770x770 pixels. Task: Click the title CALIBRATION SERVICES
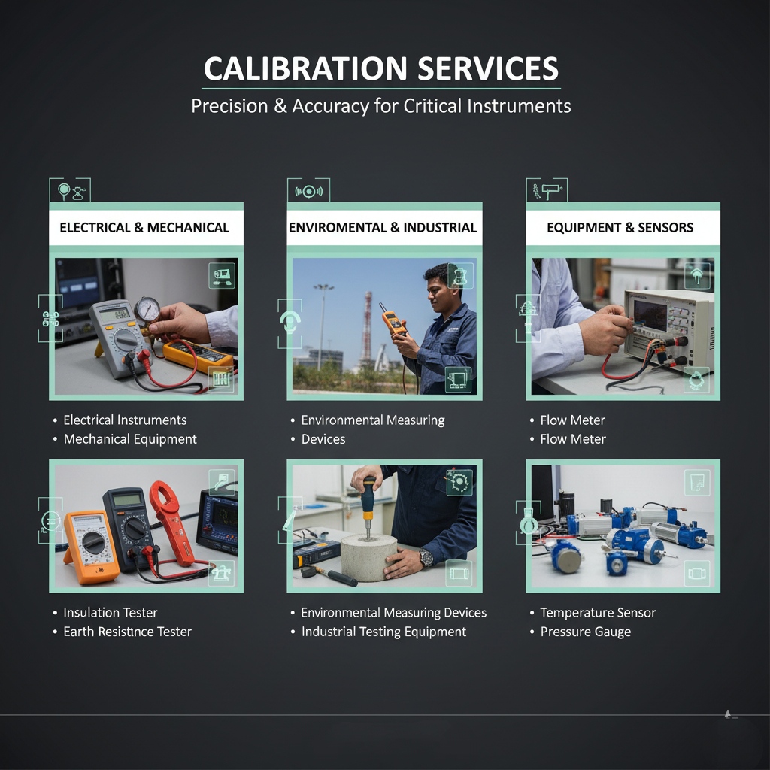point(381,68)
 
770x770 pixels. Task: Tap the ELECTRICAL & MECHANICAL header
point(144,227)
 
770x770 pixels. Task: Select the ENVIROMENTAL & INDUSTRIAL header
point(383,227)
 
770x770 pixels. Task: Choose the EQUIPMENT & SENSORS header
point(620,227)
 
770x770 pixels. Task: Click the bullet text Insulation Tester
point(111,612)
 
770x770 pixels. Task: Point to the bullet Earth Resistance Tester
point(128,632)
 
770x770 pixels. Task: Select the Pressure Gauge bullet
point(585,632)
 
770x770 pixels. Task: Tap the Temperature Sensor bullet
point(598,613)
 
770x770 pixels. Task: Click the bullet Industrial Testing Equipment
point(383,632)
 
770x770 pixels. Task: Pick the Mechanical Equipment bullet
point(130,439)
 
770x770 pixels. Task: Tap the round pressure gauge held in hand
point(147,310)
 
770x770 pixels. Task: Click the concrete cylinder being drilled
point(368,557)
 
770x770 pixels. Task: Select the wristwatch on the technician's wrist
point(426,557)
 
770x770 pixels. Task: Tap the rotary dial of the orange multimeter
point(93,542)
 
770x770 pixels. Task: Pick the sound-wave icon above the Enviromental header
point(308,191)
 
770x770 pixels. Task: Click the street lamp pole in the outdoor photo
point(322,326)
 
